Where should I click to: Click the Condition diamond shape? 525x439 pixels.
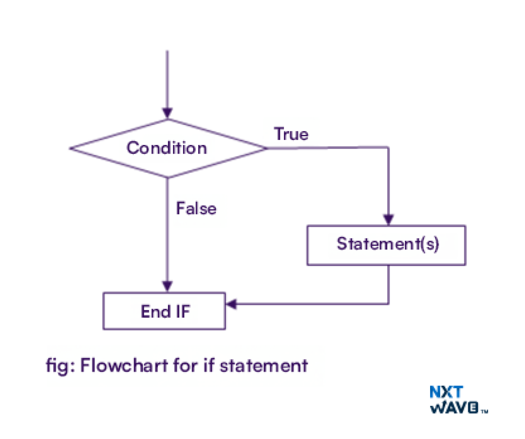167,148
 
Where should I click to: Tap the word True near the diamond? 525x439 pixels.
291,134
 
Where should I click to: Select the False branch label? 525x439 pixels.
196,208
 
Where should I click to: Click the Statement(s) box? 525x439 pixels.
386,245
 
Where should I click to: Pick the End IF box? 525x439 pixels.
164,311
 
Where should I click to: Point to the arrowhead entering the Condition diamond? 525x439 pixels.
167,113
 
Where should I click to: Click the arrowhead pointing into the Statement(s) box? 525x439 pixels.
388,220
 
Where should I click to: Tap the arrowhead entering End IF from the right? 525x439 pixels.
231,304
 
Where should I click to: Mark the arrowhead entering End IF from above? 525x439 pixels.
167,287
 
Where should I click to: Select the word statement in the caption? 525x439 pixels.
264,366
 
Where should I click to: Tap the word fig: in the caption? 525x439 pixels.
60,366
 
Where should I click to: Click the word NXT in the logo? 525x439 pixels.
446,392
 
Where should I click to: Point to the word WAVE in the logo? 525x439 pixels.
454,408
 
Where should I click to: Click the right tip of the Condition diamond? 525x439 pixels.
266,148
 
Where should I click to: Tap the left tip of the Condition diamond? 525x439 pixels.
70,148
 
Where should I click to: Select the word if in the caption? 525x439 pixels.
208,366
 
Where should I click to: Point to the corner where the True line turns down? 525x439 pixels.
388,147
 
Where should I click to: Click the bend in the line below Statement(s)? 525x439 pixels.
388,304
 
